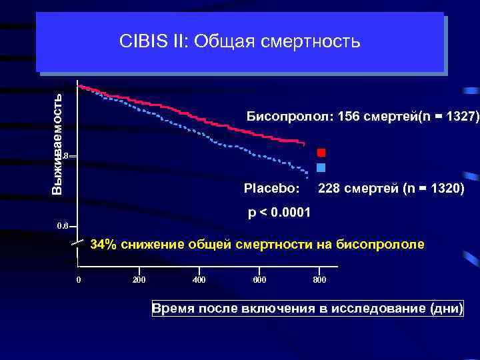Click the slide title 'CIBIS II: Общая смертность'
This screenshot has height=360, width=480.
click(x=240, y=42)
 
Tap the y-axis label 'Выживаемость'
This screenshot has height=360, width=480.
click(x=58, y=143)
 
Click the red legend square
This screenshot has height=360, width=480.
click(x=321, y=153)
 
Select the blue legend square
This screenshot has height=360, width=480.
click(x=321, y=167)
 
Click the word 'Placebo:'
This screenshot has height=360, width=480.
click(x=271, y=189)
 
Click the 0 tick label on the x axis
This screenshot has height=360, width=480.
click(x=78, y=279)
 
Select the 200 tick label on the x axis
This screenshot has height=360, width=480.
click(x=139, y=279)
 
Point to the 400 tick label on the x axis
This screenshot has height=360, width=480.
click(x=199, y=279)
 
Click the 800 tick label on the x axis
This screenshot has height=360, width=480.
click(x=320, y=279)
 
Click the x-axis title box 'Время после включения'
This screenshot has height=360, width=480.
click(x=307, y=309)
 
